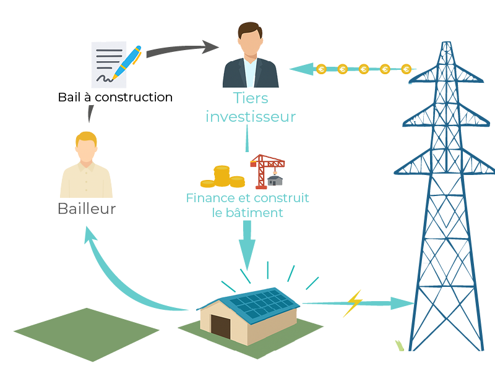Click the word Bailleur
[87, 209]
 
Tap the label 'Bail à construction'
[115, 97]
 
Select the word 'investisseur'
[251, 117]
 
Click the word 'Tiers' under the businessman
[251, 98]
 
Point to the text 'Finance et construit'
[247, 198]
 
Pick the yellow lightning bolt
[353, 302]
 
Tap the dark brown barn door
[220, 326]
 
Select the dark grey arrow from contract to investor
[179, 49]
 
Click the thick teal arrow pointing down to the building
[247, 244]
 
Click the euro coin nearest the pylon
[406, 69]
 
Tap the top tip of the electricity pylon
[445, 43]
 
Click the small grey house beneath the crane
[275, 180]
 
